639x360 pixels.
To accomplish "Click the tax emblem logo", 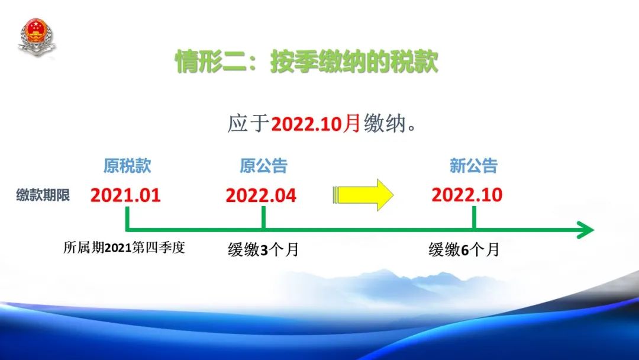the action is point(36,36).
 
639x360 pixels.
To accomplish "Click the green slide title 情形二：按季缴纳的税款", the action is point(306,62).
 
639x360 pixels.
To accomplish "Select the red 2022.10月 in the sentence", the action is point(316,124).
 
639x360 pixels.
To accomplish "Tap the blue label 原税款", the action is point(127,166).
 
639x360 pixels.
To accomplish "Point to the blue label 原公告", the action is point(263,166).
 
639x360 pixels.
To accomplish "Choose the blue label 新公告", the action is point(473,166).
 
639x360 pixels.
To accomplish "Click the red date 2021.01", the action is point(125,195).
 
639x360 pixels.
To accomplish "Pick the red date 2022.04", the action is point(261,195).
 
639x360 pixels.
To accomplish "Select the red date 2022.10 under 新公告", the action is point(467,194).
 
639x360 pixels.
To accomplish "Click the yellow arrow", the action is point(363,195).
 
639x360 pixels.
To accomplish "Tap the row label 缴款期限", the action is point(43,195).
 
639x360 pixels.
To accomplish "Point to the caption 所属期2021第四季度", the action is point(124,247).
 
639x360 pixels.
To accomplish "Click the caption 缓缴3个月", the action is point(263,249).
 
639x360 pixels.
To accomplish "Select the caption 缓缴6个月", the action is point(464,249).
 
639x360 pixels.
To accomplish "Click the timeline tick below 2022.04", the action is point(264,217).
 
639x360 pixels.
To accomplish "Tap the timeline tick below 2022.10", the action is point(474,217).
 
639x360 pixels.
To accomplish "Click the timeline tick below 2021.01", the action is point(127,217).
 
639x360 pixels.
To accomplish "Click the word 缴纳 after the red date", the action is point(385,124).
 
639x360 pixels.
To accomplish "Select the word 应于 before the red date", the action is point(248,124).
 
